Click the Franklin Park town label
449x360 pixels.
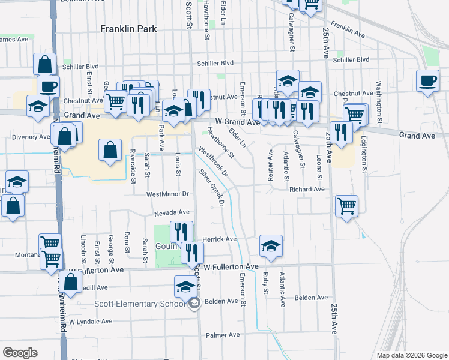(x=128, y=28)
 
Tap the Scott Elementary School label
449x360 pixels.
(x=140, y=304)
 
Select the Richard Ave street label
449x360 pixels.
(x=307, y=189)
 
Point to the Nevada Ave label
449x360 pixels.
(x=172, y=212)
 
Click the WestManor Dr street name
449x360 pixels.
(x=167, y=194)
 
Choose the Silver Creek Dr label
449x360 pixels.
(x=212, y=188)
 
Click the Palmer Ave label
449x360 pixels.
(x=223, y=335)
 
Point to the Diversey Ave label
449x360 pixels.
(x=31, y=137)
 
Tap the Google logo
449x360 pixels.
(x=20, y=353)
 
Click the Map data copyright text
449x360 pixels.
(x=411, y=355)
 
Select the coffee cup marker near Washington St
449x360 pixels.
(x=427, y=81)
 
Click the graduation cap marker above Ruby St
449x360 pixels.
(x=271, y=245)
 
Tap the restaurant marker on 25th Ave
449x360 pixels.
(x=341, y=133)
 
